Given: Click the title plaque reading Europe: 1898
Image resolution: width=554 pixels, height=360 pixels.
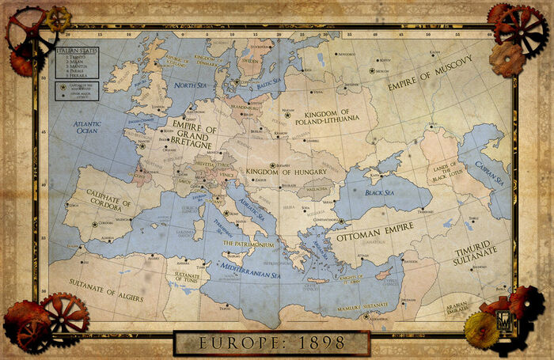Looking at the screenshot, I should [271, 343].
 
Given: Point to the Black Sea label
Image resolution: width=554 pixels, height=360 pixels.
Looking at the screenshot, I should [380, 192].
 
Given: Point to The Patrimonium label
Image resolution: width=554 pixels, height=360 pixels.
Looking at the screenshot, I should [248, 244].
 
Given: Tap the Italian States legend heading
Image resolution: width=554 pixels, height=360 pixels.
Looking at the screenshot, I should [71, 51].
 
